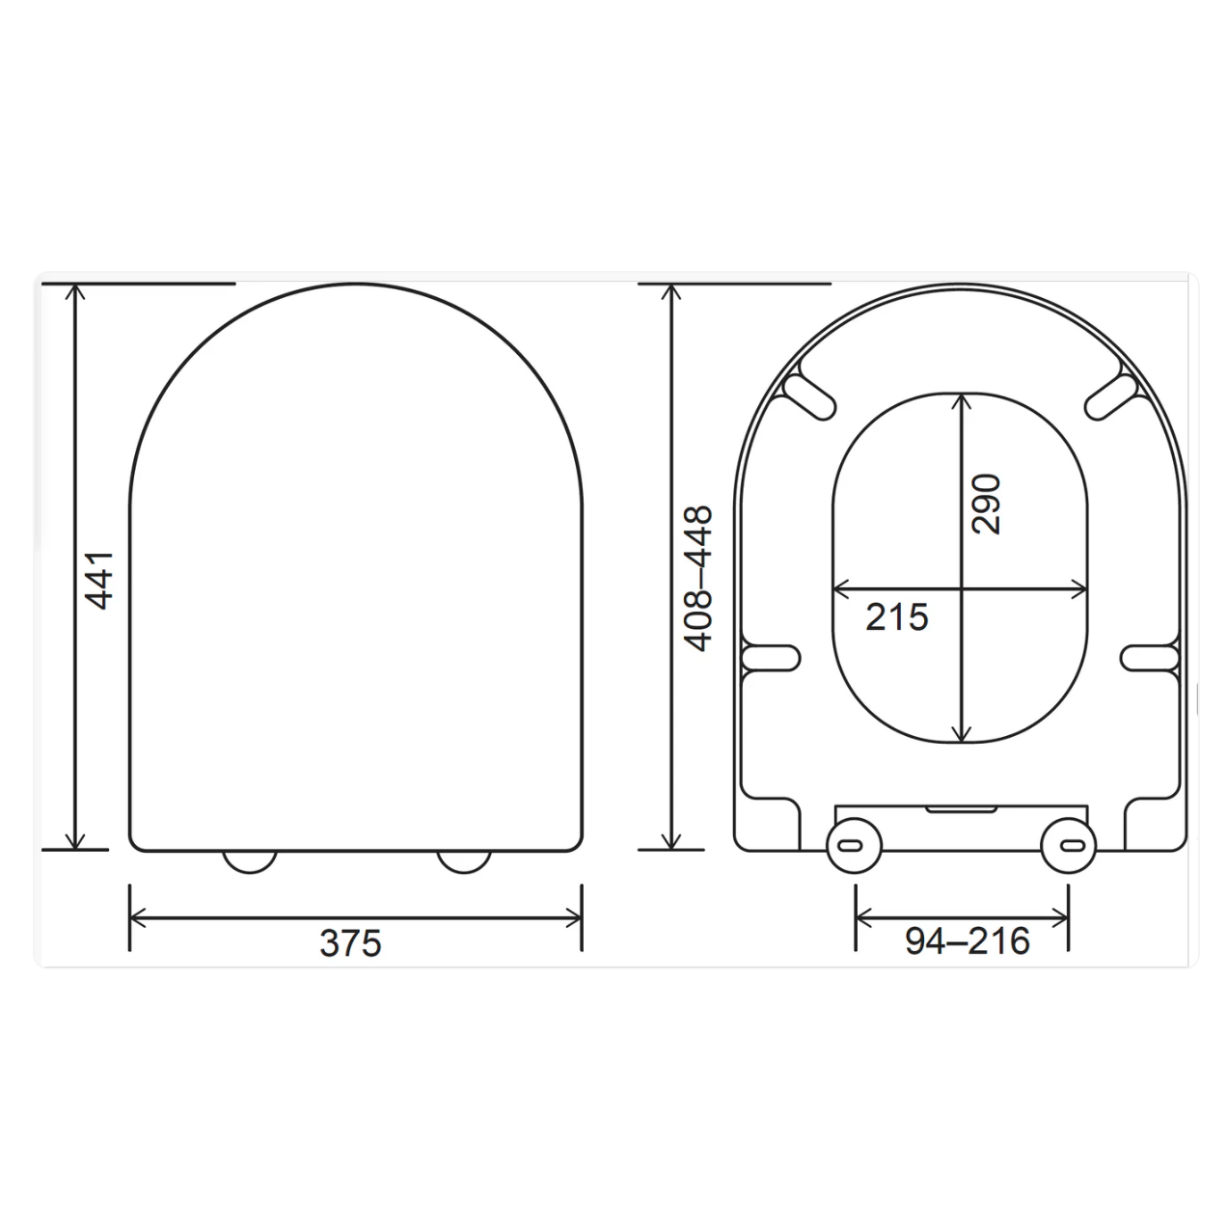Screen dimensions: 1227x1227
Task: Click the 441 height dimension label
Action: [99, 581]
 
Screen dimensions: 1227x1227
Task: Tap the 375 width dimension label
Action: [350, 943]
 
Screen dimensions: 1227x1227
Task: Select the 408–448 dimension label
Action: [697, 578]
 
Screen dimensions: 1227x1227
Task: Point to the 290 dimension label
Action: [986, 504]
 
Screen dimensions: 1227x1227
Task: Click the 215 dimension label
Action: [896, 617]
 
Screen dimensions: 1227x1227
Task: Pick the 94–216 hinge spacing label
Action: [968, 941]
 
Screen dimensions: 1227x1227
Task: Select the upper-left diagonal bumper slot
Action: [808, 397]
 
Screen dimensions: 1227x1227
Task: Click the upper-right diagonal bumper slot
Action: [1111, 397]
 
